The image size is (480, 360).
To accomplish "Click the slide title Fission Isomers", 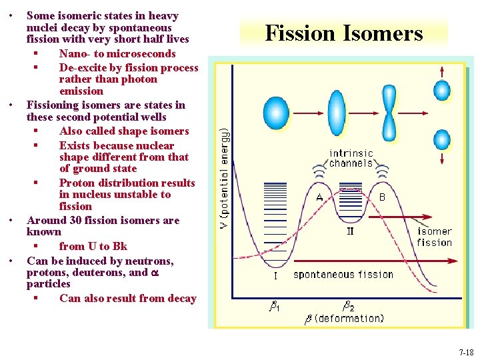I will (344, 33).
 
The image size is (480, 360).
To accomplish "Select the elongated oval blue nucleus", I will (337, 112).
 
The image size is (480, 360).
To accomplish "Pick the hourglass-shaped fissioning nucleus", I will (389, 112).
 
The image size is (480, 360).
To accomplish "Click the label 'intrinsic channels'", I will (351, 158).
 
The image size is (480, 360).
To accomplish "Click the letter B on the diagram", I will (382, 197).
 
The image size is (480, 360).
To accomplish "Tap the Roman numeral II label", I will (351, 231).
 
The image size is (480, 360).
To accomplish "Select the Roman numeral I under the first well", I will (275, 275).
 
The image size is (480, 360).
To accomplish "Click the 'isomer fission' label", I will (434, 237).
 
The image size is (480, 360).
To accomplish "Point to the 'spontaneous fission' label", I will (343, 274).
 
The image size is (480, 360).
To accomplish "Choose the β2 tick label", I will (348, 307).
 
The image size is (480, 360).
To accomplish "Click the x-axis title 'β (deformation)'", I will (344, 319).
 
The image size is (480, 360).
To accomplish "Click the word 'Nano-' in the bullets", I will (75, 53).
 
